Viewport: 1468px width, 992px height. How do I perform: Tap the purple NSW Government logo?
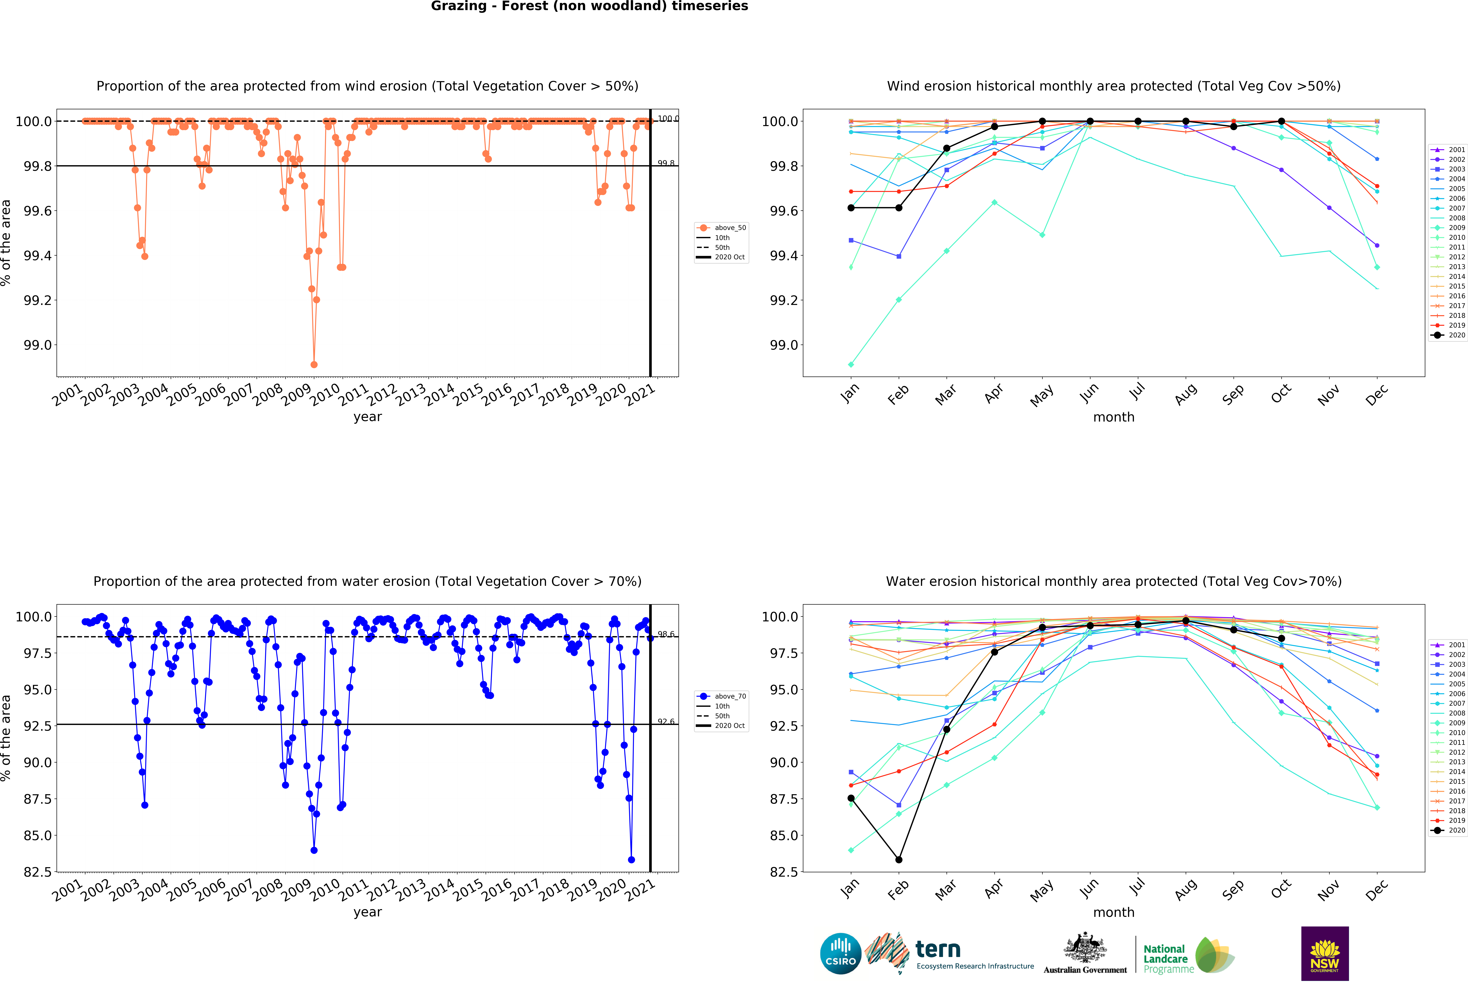1325,953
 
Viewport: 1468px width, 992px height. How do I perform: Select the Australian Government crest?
1085,949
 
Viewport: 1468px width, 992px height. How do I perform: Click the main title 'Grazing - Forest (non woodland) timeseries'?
589,6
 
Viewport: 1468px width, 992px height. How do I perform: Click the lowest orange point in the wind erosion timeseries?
314,364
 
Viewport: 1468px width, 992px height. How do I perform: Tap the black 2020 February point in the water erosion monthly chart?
899,859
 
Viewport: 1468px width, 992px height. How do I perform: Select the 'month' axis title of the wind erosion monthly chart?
1114,417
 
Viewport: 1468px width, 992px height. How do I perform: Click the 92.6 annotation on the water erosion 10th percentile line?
666,721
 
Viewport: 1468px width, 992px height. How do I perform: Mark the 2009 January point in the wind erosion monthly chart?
851,364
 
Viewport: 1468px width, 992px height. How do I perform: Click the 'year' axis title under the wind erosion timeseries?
368,417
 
